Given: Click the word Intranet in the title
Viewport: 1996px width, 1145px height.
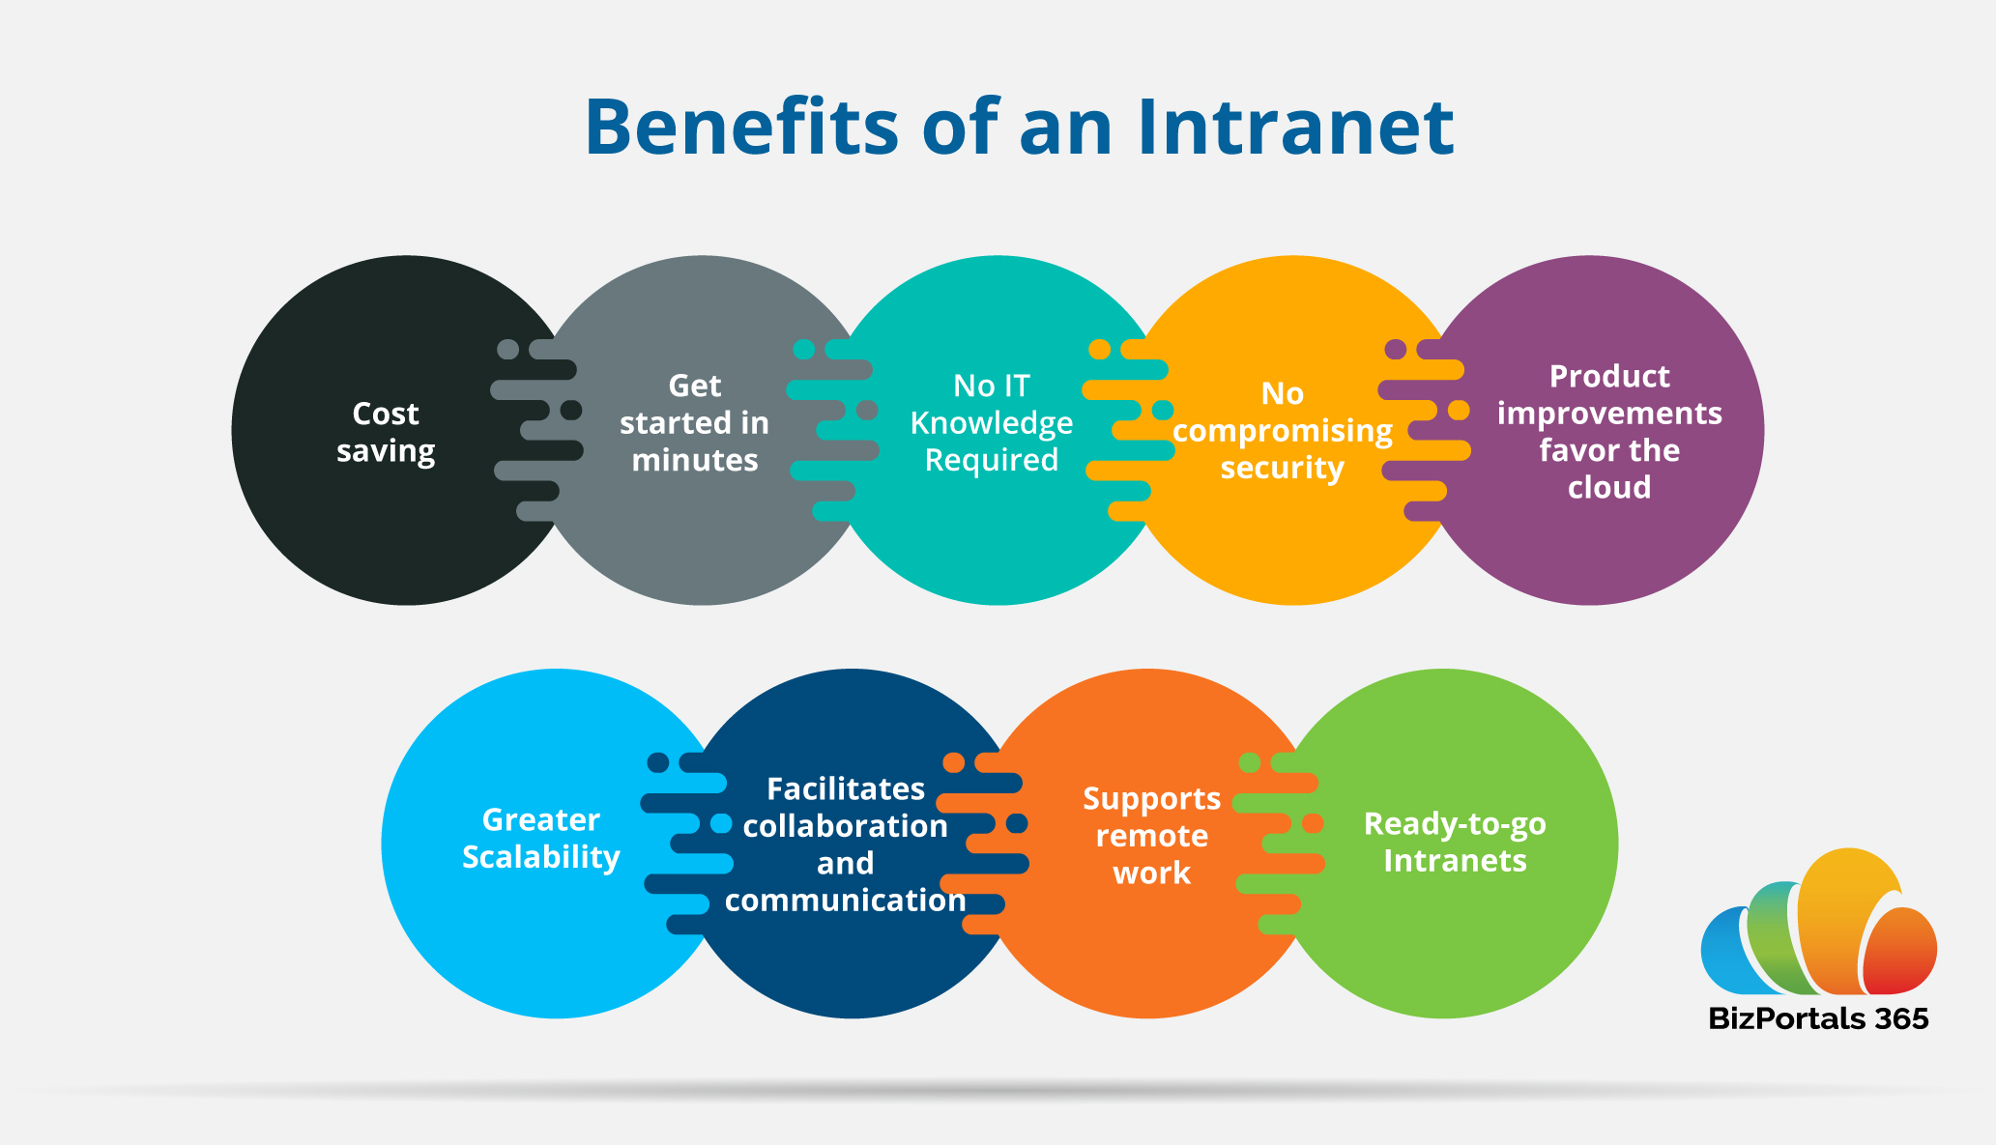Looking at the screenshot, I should coord(1295,128).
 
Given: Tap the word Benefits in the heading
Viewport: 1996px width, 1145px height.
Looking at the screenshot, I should coord(741,128).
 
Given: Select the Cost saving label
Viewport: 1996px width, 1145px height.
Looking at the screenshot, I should coord(386,432).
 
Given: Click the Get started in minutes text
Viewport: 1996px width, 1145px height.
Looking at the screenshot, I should coord(694,422).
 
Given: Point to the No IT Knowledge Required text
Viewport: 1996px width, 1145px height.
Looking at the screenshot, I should coord(991,422).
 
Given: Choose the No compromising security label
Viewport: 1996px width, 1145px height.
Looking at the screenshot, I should coord(1282,430).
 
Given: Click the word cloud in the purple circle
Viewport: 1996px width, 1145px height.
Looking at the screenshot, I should coord(1608,487).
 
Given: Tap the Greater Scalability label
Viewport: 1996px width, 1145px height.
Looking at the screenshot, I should coord(540,838).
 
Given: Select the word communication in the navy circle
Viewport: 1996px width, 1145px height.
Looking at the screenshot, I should coord(845,900).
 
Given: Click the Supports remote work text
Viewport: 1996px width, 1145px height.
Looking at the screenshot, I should coord(1151,835).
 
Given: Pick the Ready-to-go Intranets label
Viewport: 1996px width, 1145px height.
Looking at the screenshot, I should coord(1454,842).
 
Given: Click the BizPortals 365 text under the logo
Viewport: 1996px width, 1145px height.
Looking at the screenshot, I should coord(1817,1018).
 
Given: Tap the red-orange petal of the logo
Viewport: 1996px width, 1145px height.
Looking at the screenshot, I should coord(1899,952).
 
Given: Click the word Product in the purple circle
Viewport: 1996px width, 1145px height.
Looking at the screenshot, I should coord(1608,376).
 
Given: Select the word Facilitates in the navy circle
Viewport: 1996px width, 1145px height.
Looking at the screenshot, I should coord(845,788).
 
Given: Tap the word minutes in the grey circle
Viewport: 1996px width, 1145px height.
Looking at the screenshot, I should coord(694,460).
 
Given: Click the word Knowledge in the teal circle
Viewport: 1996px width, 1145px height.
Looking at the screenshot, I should coord(991,423).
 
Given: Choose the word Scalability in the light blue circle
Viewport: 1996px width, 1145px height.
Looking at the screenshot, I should coord(540,857).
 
